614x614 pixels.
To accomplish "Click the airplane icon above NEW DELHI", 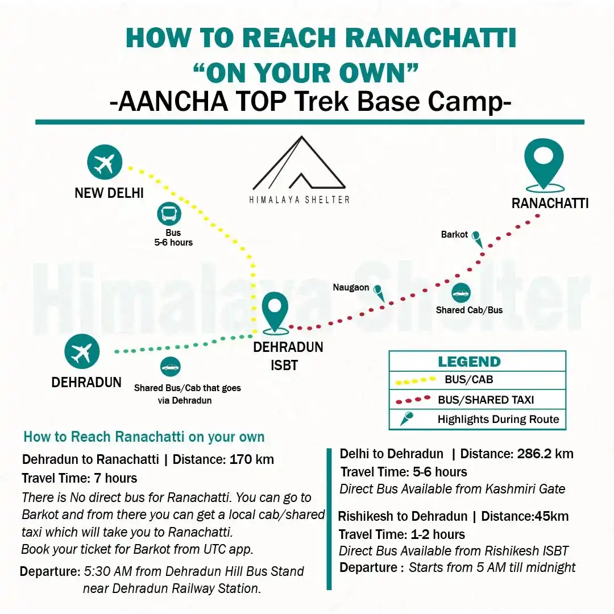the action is [x=105, y=162].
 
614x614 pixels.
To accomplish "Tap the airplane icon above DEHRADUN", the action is [x=82, y=351].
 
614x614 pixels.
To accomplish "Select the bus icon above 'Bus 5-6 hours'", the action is [x=169, y=214].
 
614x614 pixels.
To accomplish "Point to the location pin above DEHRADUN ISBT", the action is [x=275, y=312].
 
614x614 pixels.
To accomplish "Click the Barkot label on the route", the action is [x=454, y=235].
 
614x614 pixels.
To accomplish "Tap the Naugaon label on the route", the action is [x=351, y=288].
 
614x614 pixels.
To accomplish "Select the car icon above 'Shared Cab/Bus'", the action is [x=461, y=293].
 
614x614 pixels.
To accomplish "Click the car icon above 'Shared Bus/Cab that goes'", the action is [x=171, y=367].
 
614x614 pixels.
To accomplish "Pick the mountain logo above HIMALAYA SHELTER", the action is [x=300, y=163].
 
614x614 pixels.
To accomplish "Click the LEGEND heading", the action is [x=469, y=362].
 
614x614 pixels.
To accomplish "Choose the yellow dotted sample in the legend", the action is [x=416, y=380].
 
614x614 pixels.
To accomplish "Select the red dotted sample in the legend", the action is [x=413, y=400].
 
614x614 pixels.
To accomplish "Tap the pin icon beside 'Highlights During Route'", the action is [x=406, y=418].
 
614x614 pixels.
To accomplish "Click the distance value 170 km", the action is [x=252, y=459].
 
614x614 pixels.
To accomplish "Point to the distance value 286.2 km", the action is [x=545, y=454].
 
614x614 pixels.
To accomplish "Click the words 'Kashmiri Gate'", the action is [x=525, y=489].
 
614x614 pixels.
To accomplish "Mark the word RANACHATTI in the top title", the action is [x=430, y=38].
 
